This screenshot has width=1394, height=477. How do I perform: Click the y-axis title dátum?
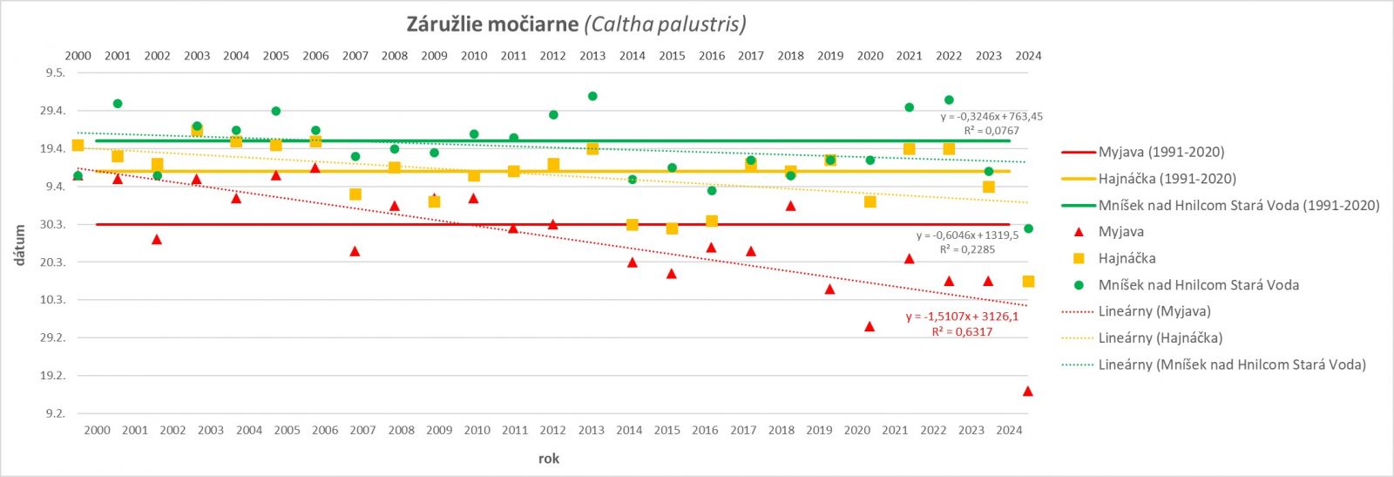[19, 245]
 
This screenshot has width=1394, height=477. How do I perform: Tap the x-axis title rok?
[549, 459]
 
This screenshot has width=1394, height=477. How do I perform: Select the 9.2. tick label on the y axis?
[56, 413]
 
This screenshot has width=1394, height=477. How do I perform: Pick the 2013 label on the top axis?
[592, 56]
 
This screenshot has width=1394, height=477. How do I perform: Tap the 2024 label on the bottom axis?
[1009, 430]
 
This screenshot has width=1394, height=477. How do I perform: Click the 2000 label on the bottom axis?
[98, 430]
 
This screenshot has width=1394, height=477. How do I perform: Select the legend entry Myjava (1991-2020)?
[1161, 152]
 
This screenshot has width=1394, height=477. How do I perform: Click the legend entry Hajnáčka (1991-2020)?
[1167, 179]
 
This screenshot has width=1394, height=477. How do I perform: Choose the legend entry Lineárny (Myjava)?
[1154, 311]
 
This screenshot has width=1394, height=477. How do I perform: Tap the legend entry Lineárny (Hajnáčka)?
[1160, 337]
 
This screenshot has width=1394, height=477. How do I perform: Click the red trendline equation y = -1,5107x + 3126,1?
[962, 317]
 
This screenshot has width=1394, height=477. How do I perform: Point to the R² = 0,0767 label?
[991, 131]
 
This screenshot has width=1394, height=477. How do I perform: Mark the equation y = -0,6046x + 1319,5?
[967, 235]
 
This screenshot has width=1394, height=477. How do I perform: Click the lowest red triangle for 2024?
[1028, 392]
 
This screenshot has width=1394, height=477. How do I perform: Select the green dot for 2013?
[592, 96]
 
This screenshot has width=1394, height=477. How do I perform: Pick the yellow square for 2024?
[1028, 282]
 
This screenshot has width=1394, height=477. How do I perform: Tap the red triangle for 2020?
[870, 326]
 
